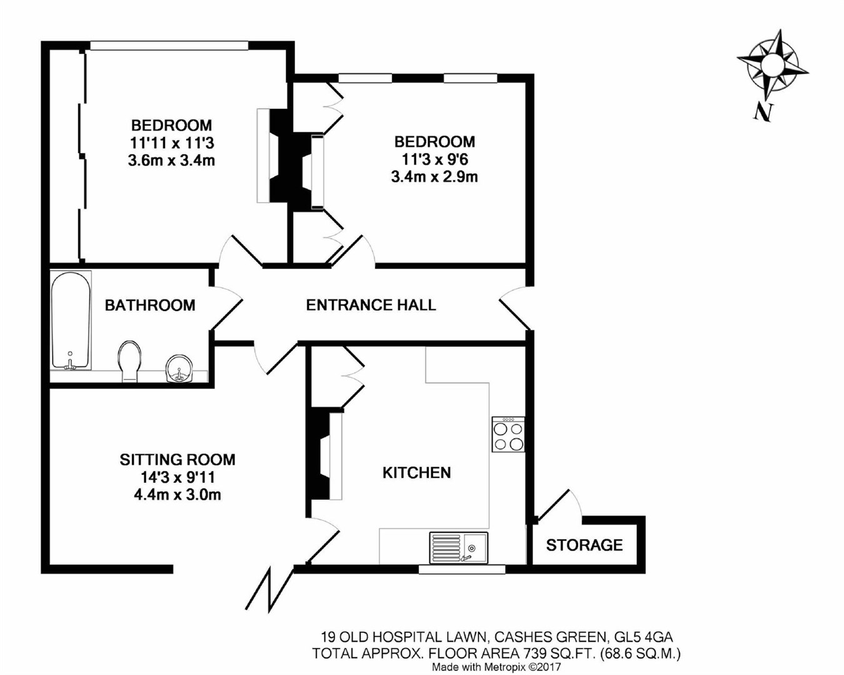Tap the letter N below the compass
pyautogui.click(x=762, y=112)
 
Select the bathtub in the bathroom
pyautogui.click(x=71, y=320)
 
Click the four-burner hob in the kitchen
pyautogui.click(x=508, y=435)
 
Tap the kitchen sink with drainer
pyautogui.click(x=458, y=547)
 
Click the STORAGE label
pyautogui.click(x=584, y=545)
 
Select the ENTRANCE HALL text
pyautogui.click(x=371, y=305)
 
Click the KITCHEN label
pyautogui.click(x=416, y=472)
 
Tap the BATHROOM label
pyautogui.click(x=150, y=305)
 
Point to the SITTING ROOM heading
pyautogui.click(x=178, y=460)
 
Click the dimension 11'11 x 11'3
pyautogui.click(x=171, y=143)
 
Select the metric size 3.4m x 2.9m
pyautogui.click(x=434, y=177)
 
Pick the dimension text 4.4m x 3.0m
pyautogui.click(x=178, y=495)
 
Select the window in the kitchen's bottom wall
pyautogui.click(x=461, y=569)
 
